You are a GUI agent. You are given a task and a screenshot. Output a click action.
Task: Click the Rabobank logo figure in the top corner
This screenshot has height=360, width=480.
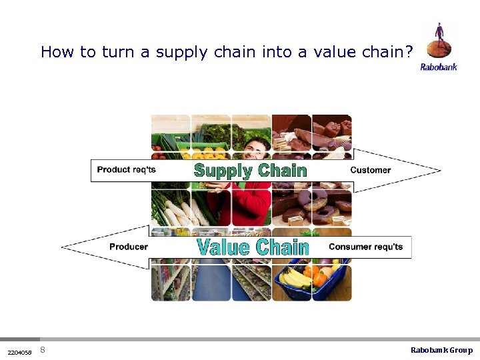pyautogui.click(x=439, y=39)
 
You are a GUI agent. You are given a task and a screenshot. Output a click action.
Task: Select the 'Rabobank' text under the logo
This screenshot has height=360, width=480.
pyautogui.click(x=439, y=67)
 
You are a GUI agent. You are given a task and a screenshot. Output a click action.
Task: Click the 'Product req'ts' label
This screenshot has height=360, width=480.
pyautogui.click(x=126, y=169)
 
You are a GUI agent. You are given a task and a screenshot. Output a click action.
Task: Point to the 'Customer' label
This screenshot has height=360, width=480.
pyautogui.click(x=370, y=170)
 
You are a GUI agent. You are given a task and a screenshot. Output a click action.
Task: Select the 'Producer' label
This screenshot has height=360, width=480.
pyautogui.click(x=128, y=247)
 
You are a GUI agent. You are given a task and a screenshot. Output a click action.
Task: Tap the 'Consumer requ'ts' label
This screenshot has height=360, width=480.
pyautogui.click(x=365, y=247)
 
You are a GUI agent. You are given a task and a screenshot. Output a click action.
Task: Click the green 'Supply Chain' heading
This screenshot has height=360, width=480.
pyautogui.click(x=250, y=171)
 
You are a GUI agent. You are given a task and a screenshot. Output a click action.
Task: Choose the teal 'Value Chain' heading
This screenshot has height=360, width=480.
pyautogui.click(x=253, y=247)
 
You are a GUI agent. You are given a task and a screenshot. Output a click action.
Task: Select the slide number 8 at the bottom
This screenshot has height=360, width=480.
pyautogui.click(x=43, y=350)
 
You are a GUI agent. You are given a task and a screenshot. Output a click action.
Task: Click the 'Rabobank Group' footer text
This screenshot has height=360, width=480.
pyautogui.click(x=441, y=350)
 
